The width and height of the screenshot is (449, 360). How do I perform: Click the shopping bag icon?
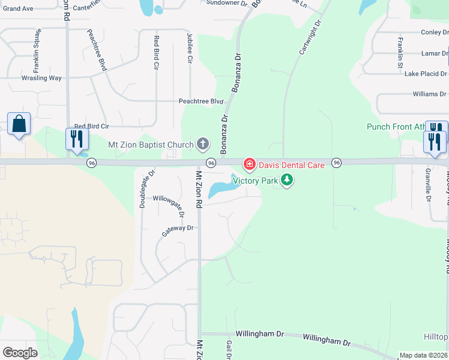click(x=19, y=124)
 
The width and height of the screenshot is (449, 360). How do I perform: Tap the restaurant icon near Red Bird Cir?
click(x=77, y=139)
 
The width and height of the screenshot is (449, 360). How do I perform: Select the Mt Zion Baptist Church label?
click(x=151, y=145)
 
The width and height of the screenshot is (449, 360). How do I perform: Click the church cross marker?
click(x=203, y=144)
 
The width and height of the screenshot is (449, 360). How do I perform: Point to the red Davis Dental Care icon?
click(x=249, y=164)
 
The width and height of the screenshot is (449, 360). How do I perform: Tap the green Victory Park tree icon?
click(x=287, y=180)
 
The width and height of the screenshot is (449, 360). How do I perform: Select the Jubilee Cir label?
click(x=190, y=49)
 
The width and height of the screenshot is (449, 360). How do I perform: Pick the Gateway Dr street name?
click(x=178, y=228)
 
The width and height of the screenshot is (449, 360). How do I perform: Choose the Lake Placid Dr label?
click(x=426, y=74)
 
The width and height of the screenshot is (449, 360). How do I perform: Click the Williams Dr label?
click(x=429, y=94)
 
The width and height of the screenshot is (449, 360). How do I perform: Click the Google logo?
click(x=20, y=353)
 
